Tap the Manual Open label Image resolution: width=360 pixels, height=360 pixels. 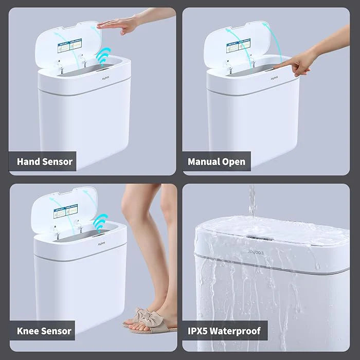click(217, 161)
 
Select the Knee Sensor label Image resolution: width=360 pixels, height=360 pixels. click(44, 330)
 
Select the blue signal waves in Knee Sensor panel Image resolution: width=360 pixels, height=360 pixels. click(99, 224)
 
